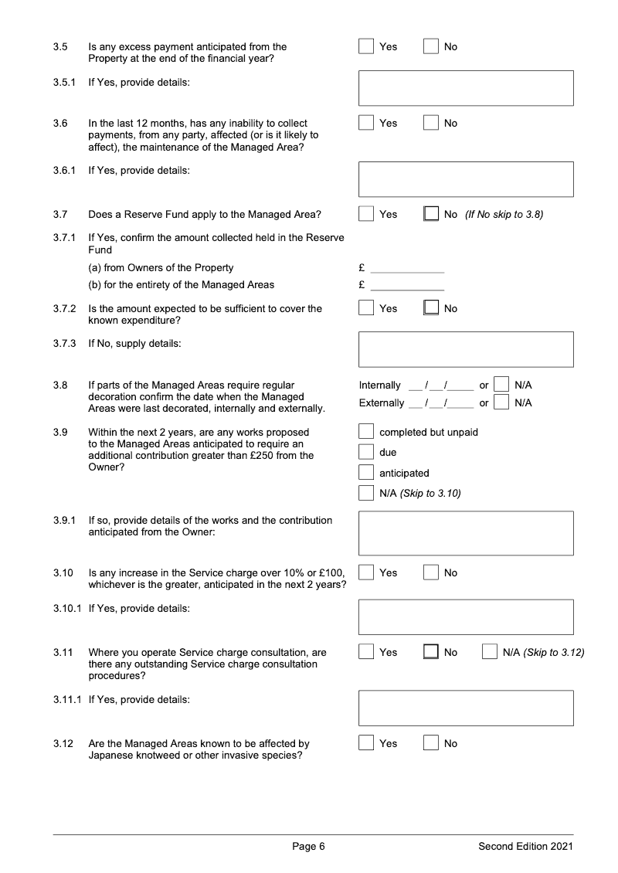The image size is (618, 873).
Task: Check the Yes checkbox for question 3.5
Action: point(366,46)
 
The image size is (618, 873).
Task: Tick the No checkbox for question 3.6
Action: point(431,123)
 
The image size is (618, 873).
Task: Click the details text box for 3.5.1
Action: point(466,88)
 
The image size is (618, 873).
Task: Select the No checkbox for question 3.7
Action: point(431,214)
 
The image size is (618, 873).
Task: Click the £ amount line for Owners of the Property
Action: point(407,268)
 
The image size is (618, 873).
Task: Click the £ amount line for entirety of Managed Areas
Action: point(407,285)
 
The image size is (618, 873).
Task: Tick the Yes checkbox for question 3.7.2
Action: point(366,308)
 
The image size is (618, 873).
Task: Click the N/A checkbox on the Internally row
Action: point(501,385)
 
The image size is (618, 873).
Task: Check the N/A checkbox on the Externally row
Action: point(501,403)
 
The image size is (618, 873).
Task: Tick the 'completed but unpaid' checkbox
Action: point(366,432)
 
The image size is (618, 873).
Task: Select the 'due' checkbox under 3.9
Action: point(366,452)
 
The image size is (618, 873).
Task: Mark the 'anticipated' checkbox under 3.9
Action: point(366,473)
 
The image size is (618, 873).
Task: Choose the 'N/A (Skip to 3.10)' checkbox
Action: point(366,493)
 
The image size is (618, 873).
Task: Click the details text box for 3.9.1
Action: point(466,533)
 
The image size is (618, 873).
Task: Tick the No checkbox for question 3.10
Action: point(431,572)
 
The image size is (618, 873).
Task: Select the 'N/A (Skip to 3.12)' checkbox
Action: point(490,652)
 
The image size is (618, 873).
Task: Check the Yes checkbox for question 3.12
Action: point(366,743)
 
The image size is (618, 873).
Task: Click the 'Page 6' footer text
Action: point(308,847)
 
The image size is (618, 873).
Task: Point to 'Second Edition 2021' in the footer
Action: point(525,847)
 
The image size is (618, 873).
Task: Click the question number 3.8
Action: point(60,385)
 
